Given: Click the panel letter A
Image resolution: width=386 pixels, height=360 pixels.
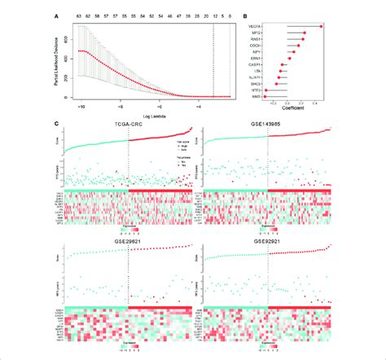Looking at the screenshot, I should [56, 14].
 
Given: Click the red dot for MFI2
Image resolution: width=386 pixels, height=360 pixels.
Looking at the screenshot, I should [304, 33].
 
